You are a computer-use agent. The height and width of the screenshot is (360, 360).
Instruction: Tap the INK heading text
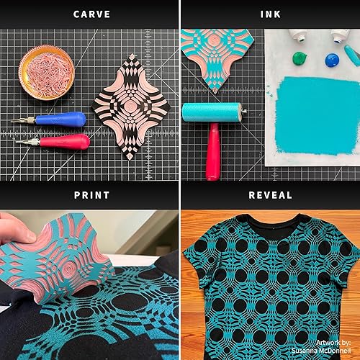pos(270,14)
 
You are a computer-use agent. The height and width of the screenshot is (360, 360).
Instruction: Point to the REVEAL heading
pos(270,194)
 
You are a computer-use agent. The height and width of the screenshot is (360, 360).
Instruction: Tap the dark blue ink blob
pos(332,59)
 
